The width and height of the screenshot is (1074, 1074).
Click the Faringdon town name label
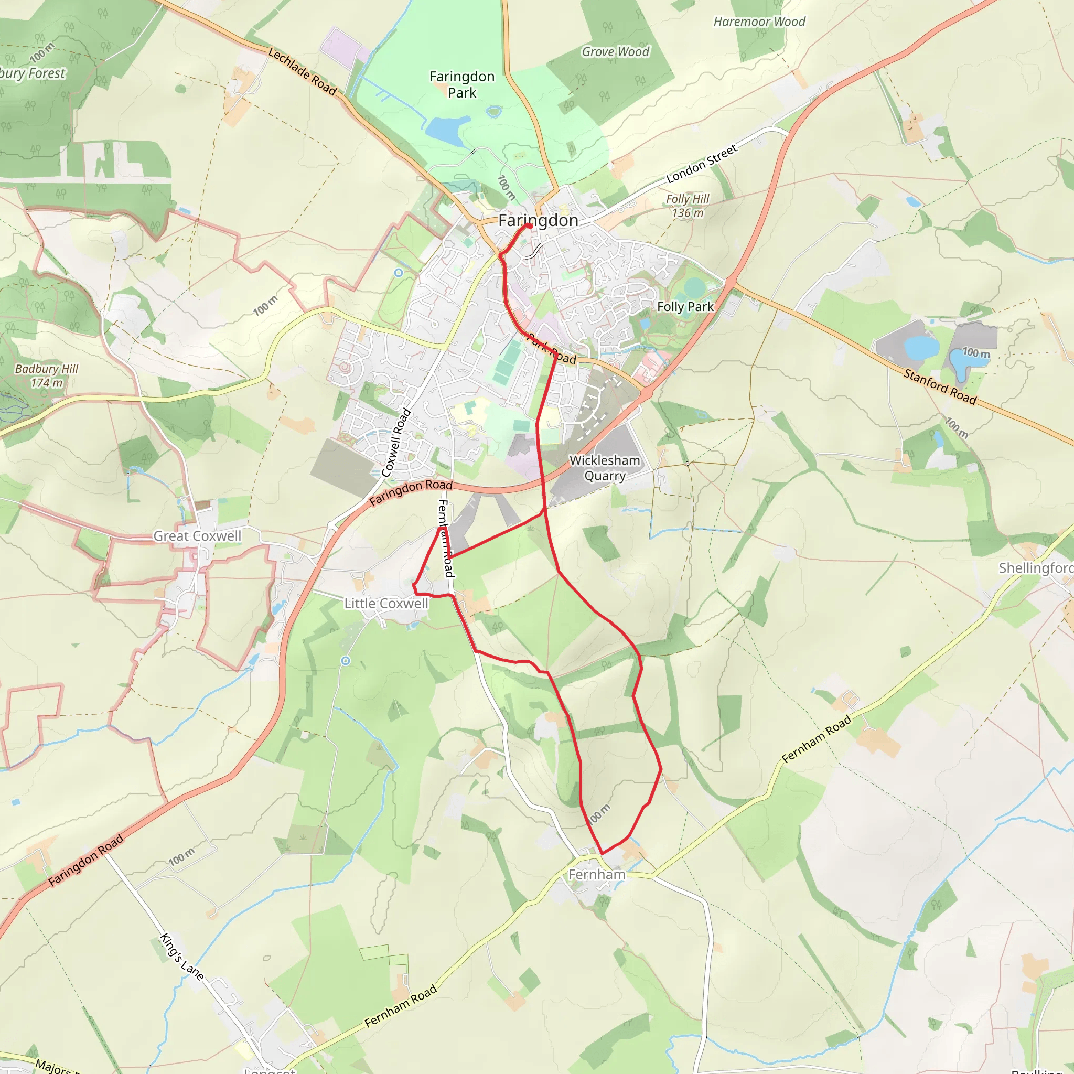coord(538,220)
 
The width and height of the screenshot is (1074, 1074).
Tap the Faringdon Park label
coord(462,84)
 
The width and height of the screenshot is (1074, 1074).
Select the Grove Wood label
coord(615,52)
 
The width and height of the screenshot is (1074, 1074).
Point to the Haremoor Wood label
coord(759,22)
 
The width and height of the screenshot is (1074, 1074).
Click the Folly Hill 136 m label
coord(688,206)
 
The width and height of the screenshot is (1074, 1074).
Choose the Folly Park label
coord(685,306)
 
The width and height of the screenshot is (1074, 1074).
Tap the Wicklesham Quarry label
coord(605,468)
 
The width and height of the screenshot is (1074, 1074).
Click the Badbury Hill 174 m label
coord(47,376)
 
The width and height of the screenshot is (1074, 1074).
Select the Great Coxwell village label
coord(197,536)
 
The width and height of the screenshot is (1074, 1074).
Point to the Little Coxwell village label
coord(386,603)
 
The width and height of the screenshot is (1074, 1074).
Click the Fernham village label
coord(597,874)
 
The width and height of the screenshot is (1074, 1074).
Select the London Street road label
coord(702,164)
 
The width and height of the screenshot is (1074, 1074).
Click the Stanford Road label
coord(939,386)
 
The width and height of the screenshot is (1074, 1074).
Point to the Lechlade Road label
coord(303,72)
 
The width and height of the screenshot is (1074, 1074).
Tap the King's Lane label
coord(182,957)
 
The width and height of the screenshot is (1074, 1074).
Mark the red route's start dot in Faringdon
coord(529,226)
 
